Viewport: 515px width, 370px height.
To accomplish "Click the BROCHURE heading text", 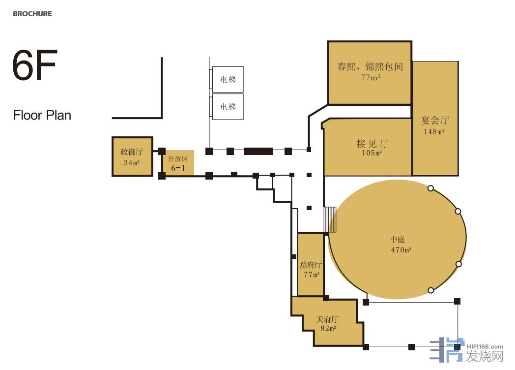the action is tap(32, 14).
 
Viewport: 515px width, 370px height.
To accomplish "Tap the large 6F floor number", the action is tap(35, 65).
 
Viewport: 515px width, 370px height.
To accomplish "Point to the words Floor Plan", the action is tap(42, 116).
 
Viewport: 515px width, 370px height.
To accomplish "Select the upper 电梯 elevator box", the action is tap(228, 79).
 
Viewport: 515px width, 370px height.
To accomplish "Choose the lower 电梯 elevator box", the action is tap(228, 107).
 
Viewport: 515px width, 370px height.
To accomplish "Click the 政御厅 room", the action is tap(132, 156).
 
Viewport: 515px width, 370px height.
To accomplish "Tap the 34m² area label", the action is tap(132, 162).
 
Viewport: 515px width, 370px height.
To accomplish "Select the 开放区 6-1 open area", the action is tap(179, 163).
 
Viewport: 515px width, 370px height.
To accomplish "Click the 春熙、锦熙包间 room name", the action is tap(370, 67).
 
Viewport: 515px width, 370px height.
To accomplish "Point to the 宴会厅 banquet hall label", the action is tap(435, 121).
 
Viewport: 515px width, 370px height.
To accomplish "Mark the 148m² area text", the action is tap(434, 131).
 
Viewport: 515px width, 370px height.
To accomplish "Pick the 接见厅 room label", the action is tap(372, 143).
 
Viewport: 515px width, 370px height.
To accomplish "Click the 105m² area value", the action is tap(372, 153).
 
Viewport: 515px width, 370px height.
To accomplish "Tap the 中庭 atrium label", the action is tap(398, 240).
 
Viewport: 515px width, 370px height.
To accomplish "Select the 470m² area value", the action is tap(401, 250).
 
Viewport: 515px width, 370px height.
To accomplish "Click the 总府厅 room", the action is tap(311, 265).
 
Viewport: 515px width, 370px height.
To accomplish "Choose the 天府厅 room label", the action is tap(327, 319).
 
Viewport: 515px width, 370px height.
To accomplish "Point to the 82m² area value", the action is tap(328, 328).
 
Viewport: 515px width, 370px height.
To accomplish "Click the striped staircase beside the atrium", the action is tap(330, 219).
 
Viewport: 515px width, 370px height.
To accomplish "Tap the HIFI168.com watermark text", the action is tap(485, 347).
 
